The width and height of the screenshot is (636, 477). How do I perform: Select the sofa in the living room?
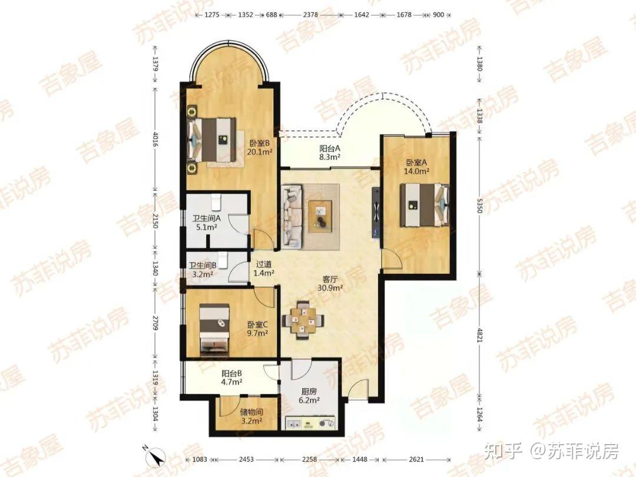293,216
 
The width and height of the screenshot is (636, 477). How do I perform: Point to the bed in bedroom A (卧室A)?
424,205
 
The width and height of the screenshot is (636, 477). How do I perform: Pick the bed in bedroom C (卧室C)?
214,328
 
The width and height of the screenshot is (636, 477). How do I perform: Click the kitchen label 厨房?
309,392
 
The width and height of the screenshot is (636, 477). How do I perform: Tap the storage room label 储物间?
251,412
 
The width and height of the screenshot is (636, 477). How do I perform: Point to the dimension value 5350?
480,205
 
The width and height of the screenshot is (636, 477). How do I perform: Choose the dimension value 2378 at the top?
310,15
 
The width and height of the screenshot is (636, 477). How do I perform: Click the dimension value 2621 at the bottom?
416,459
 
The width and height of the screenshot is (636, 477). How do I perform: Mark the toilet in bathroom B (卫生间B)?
223,258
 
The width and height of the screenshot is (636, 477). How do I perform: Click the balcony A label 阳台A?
329,148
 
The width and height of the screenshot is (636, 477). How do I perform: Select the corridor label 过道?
264,264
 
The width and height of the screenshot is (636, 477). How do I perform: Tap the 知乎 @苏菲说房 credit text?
551,450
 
